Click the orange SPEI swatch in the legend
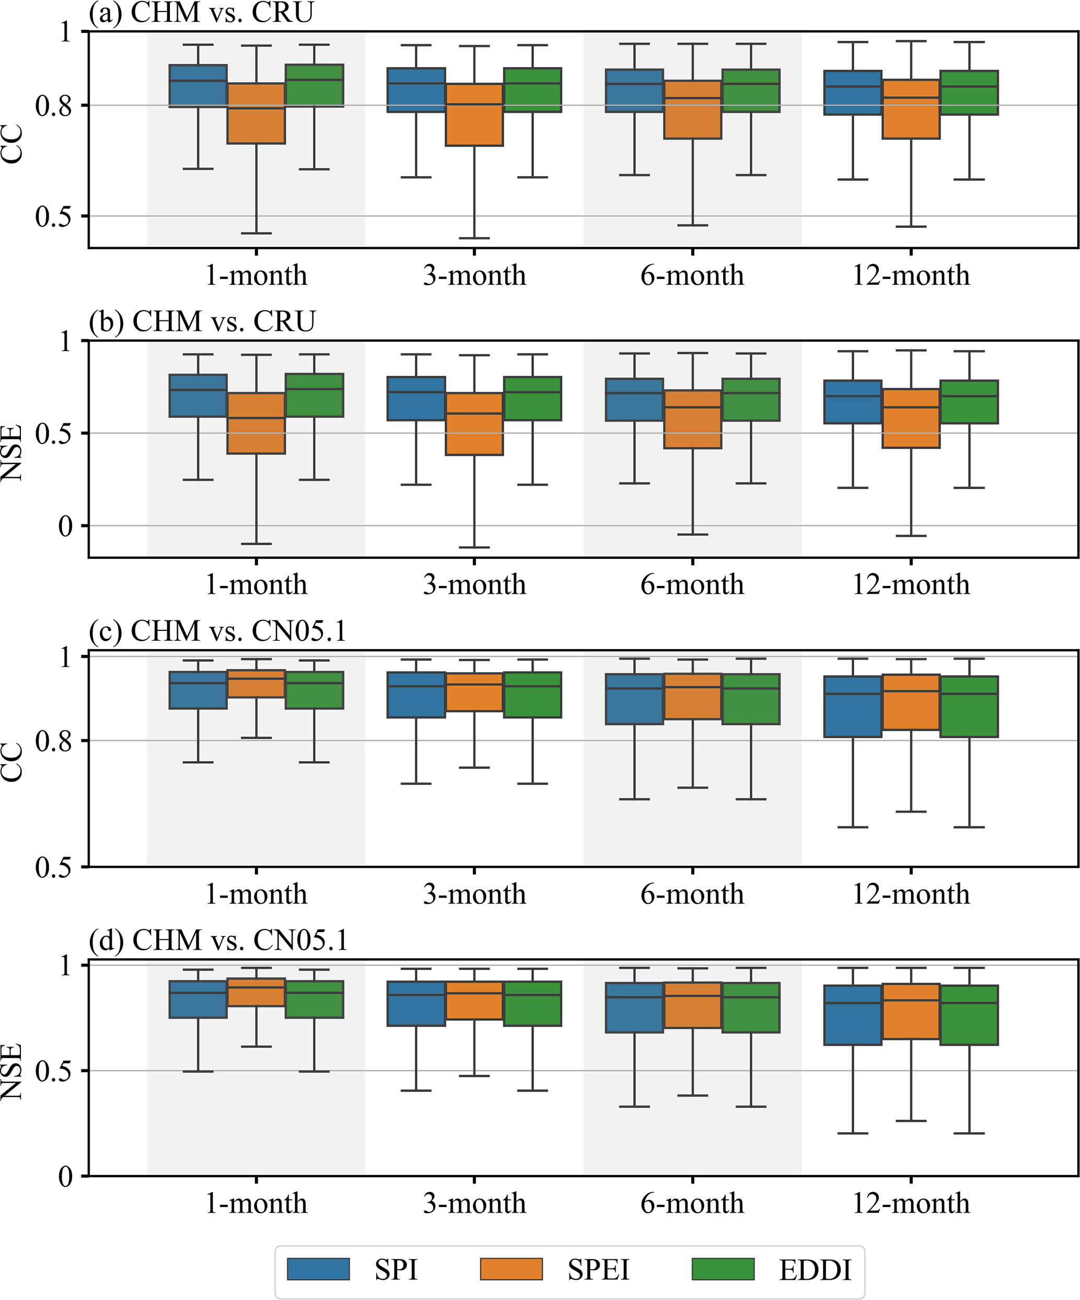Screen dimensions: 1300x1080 tap(511, 1269)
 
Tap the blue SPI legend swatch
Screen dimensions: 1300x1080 tap(318, 1269)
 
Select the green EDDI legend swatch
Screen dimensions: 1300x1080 tap(723, 1269)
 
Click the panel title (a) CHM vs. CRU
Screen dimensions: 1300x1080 tap(201, 13)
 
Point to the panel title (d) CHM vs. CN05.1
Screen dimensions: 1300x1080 tap(218, 940)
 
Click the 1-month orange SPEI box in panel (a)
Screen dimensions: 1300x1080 tap(256, 113)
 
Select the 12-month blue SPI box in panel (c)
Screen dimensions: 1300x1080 tap(853, 706)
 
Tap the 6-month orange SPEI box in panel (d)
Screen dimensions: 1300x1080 tap(692, 1005)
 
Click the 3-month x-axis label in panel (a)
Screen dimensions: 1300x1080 tap(474, 275)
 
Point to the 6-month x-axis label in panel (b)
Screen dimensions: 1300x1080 tap(692, 584)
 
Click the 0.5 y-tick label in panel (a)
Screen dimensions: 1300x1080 tap(53, 216)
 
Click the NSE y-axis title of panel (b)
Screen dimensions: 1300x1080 tap(13, 452)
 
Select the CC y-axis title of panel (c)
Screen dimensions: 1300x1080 tap(13, 762)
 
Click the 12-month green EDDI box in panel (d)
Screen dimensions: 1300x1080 tap(969, 1015)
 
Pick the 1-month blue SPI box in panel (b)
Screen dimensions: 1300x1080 tap(198, 396)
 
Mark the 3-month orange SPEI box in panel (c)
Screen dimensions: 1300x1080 tap(474, 692)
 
